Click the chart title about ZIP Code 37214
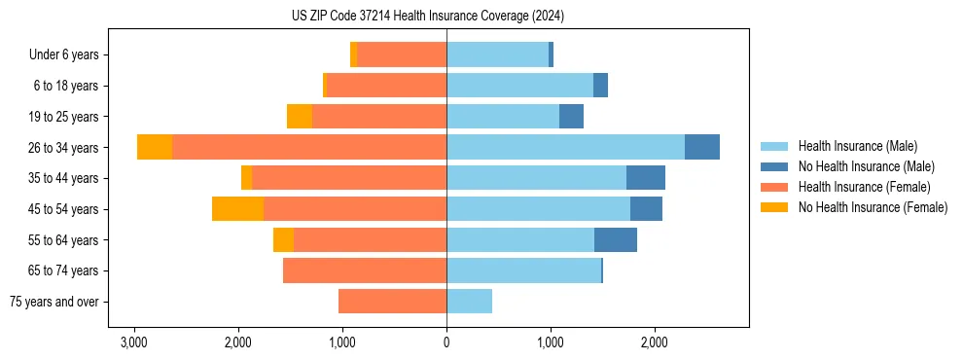click(x=428, y=16)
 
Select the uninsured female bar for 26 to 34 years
click(x=155, y=147)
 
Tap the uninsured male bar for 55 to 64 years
click(x=616, y=239)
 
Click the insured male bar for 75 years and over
click(x=469, y=302)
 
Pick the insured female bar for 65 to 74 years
click(x=365, y=270)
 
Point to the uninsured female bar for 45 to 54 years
click(x=237, y=208)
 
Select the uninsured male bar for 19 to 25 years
click(x=571, y=116)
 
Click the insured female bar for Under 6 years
click(x=402, y=54)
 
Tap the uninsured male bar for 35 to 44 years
click(x=646, y=177)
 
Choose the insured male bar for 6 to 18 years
click(x=519, y=86)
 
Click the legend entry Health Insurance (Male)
click(x=857, y=146)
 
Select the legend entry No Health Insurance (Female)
click(x=873, y=207)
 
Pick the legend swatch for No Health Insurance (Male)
click(x=775, y=166)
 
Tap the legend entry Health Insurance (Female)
click(x=863, y=187)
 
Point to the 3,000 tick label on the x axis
click(x=133, y=342)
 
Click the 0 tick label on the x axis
click(x=446, y=342)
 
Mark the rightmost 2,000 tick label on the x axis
click(x=655, y=342)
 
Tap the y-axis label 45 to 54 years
click(x=64, y=208)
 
